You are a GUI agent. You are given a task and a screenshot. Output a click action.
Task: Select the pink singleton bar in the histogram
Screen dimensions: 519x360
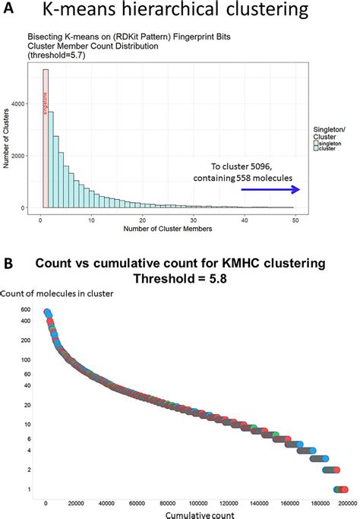tap(46, 137)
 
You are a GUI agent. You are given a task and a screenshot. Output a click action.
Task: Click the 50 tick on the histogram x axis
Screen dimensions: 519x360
tap(295, 220)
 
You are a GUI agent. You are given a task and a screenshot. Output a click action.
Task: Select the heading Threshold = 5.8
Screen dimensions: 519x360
tap(181, 279)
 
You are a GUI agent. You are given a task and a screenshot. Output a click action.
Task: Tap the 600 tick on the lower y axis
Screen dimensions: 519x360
tap(25, 310)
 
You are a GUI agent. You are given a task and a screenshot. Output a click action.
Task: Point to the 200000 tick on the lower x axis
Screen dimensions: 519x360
tap(347, 503)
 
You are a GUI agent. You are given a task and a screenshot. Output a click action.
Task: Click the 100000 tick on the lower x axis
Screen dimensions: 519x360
tap(196, 503)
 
